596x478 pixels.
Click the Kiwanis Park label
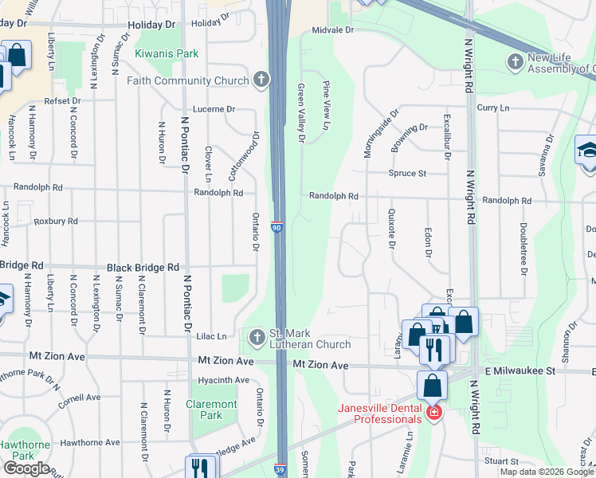[x=166, y=53]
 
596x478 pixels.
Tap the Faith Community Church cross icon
[x=261, y=80]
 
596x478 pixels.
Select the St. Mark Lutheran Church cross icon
[x=257, y=338]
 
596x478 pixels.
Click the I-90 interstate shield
[x=276, y=228]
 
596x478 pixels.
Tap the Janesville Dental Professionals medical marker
[x=433, y=413]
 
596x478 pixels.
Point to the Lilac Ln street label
[x=210, y=337]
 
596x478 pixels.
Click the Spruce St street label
[x=407, y=173]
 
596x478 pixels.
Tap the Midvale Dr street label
[x=332, y=29]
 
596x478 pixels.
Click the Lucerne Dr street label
[x=214, y=109]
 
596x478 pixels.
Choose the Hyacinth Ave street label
[x=224, y=380]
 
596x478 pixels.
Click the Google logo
[x=26, y=468]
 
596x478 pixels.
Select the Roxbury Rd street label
[x=56, y=221]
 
